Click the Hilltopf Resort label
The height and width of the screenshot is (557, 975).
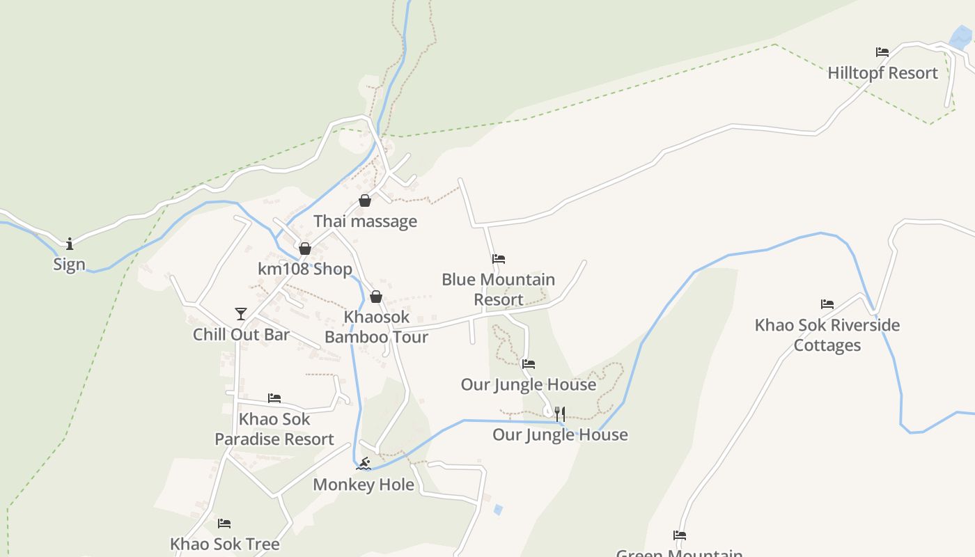pos(882,73)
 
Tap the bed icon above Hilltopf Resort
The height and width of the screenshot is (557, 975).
pos(882,52)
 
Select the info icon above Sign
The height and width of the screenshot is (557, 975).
pos(70,244)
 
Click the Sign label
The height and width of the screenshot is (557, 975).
pos(70,265)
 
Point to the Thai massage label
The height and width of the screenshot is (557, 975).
pos(365,221)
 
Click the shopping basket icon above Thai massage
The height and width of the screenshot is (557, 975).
pos(365,201)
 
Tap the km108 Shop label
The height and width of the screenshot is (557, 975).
pos(305,269)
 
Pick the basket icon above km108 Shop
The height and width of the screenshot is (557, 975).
pos(304,249)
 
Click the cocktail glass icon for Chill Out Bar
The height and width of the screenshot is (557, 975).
pos(241,314)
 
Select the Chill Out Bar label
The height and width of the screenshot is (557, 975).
pos(241,334)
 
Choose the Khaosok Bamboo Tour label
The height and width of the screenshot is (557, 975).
pos(376,327)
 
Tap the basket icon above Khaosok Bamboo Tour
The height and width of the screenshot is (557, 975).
pos(376,297)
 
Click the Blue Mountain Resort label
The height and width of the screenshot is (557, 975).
pos(498,290)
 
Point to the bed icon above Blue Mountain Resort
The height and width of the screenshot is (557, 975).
pos(498,259)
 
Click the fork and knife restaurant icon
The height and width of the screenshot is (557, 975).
pos(560,414)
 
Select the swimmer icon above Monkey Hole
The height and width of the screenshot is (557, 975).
pos(363,464)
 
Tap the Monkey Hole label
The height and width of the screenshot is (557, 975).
pos(364,485)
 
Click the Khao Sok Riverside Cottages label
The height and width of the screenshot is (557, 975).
pos(827,335)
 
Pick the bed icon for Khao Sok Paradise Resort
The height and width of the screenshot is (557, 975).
pos(274,398)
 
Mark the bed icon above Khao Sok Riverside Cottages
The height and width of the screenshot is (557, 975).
pos(827,304)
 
